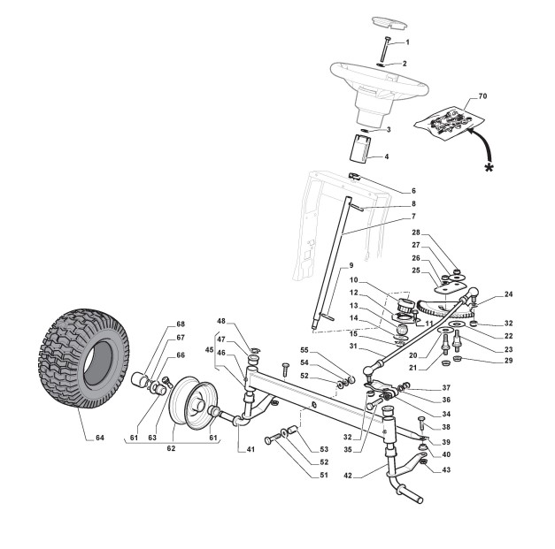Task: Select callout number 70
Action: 482,95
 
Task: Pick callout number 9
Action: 350,265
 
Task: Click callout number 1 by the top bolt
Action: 406,42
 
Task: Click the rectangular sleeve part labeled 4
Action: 360,147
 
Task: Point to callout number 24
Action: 508,294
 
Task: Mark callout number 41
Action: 251,449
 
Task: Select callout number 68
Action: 181,324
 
